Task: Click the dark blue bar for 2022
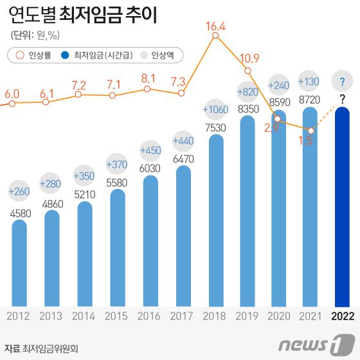(342, 206)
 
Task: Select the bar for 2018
(216, 219)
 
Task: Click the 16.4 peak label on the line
(215, 26)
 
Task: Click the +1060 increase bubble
(215, 109)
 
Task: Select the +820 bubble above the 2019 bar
(248, 90)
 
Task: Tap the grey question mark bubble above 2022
(342, 82)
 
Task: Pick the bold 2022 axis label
(342, 316)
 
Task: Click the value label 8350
(248, 109)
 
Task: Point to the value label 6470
(183, 158)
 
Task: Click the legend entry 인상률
(32, 55)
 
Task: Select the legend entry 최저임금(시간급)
(98, 55)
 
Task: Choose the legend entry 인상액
(161, 55)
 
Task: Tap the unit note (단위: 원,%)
(38, 35)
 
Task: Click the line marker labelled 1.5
(311, 131)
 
